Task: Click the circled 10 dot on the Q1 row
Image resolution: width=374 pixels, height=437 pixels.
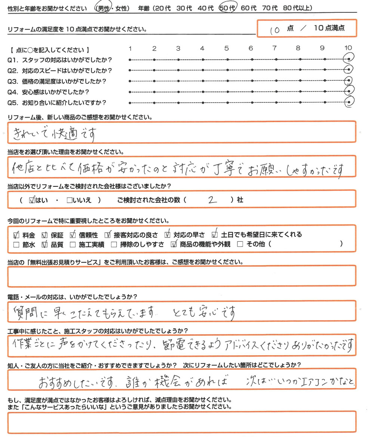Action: [349, 59]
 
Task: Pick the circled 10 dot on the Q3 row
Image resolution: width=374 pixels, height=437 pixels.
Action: [349, 81]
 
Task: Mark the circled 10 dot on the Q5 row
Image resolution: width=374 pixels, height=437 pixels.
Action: [349, 102]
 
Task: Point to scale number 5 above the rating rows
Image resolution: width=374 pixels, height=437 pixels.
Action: [226, 48]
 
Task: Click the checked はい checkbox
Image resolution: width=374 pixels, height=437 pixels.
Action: [32, 200]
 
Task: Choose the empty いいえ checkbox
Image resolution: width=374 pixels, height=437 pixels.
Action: [69, 200]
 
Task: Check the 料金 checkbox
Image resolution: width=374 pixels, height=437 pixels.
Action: [16, 235]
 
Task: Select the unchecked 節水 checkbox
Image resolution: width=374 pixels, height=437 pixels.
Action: [16, 245]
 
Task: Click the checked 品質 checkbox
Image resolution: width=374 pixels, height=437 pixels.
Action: [45, 245]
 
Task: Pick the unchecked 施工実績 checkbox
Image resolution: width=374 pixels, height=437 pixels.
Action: [73, 245]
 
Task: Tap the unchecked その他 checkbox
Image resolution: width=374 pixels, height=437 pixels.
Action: [240, 245]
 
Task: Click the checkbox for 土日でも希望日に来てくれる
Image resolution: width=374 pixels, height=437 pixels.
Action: [215, 235]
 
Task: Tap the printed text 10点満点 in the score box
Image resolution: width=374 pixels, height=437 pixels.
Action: [329, 28]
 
